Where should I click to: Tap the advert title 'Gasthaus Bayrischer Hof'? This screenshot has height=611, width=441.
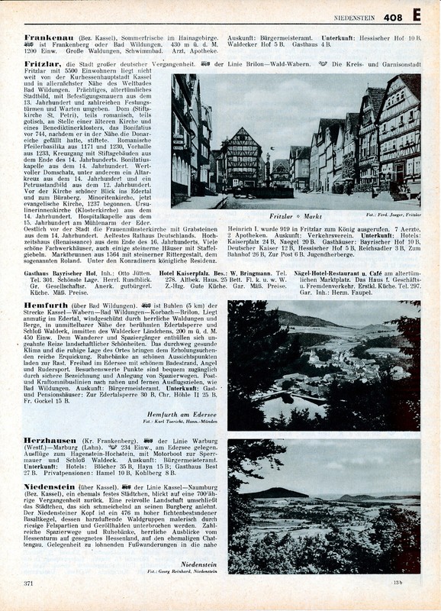click(59, 251)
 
